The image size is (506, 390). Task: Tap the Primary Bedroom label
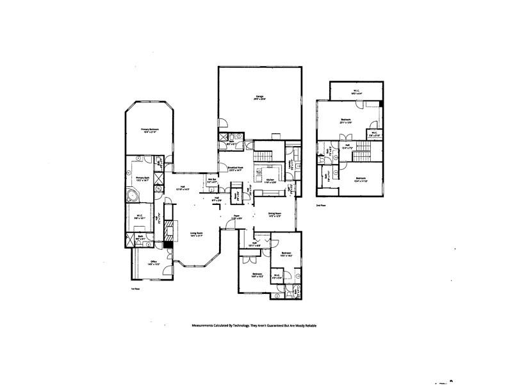pos(150,129)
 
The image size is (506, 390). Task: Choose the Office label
pos(153,262)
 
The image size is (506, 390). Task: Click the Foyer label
pos(236,216)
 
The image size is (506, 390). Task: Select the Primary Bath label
pos(142,178)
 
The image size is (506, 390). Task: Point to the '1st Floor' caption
pos(135,289)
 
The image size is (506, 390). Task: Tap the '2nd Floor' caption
pos(320,206)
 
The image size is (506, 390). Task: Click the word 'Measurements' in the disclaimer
pos(206,325)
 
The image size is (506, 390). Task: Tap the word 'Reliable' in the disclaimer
pos(309,325)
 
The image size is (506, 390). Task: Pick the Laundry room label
pos(290,165)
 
